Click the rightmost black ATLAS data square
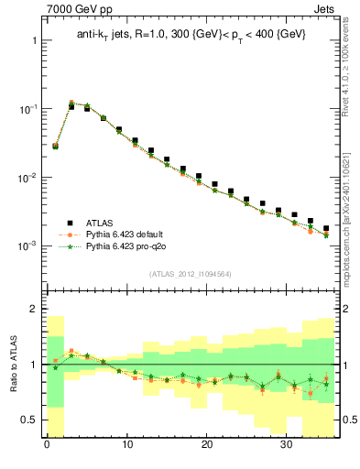pyautogui.click(x=326, y=228)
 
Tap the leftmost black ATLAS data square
pyautogui.click(x=55, y=145)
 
